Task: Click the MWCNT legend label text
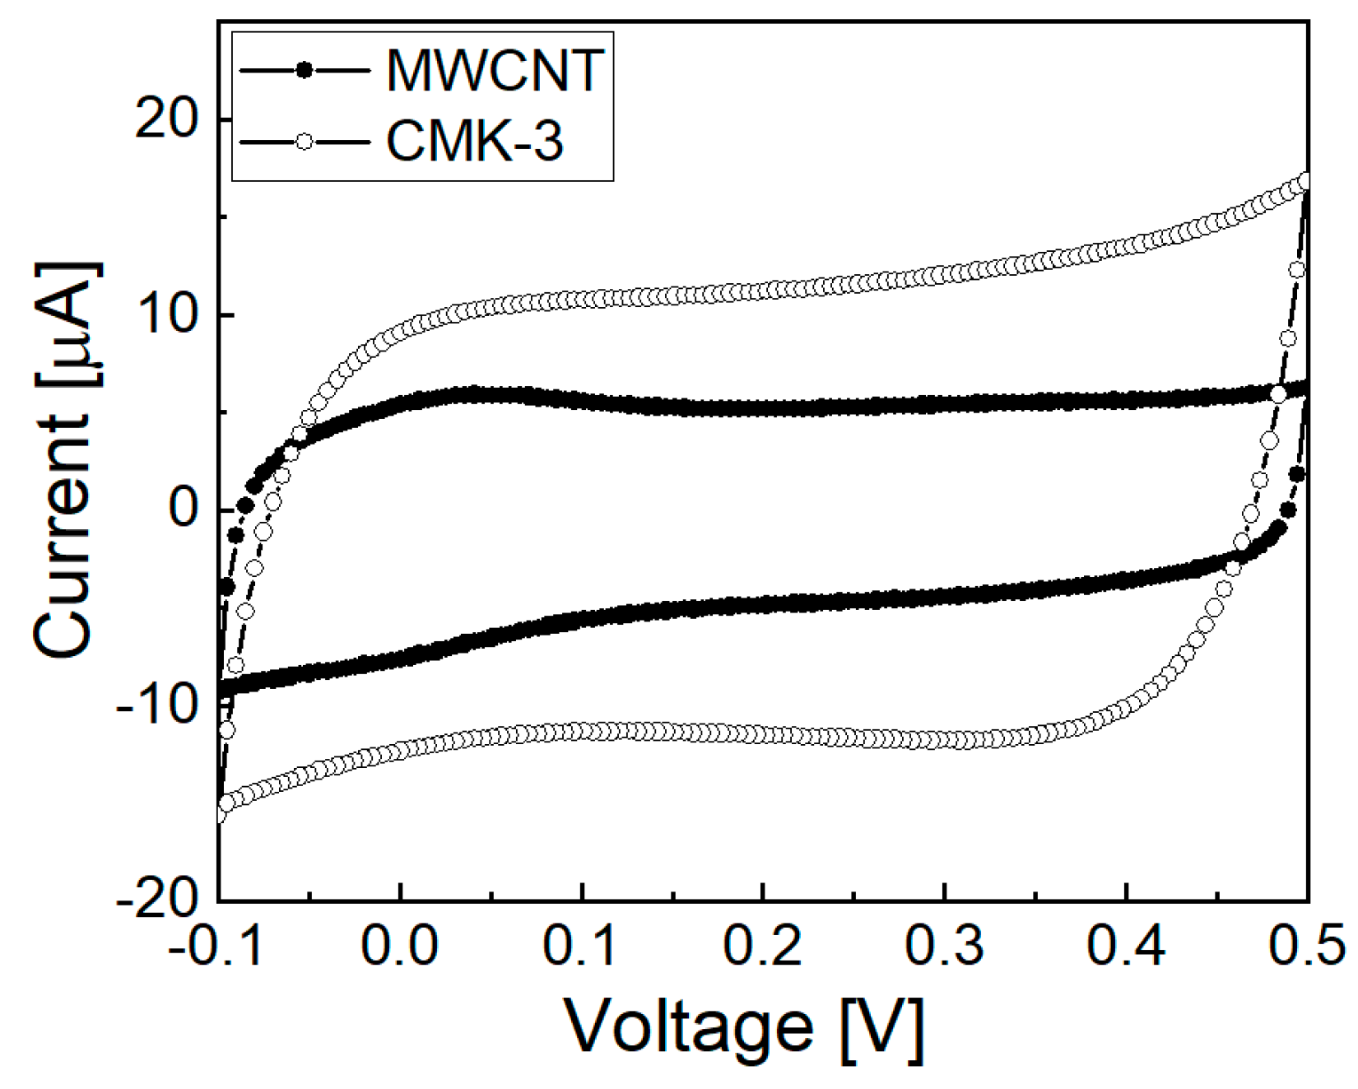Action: click(x=495, y=71)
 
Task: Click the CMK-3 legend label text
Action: click(x=475, y=142)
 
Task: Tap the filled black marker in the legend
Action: click(x=305, y=71)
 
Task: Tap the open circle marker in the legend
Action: click(x=305, y=142)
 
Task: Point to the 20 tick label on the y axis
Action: click(x=168, y=120)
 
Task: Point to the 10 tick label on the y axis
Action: click(x=168, y=315)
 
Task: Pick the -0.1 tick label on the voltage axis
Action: click(x=217, y=947)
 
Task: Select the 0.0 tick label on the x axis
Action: click(x=400, y=947)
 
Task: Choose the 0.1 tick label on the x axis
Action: click(x=581, y=947)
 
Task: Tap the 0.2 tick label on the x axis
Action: click(x=763, y=947)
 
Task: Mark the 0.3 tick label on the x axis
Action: click(x=945, y=947)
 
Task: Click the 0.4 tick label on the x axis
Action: click(x=1126, y=947)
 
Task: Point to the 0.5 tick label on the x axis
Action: click(x=1307, y=947)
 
